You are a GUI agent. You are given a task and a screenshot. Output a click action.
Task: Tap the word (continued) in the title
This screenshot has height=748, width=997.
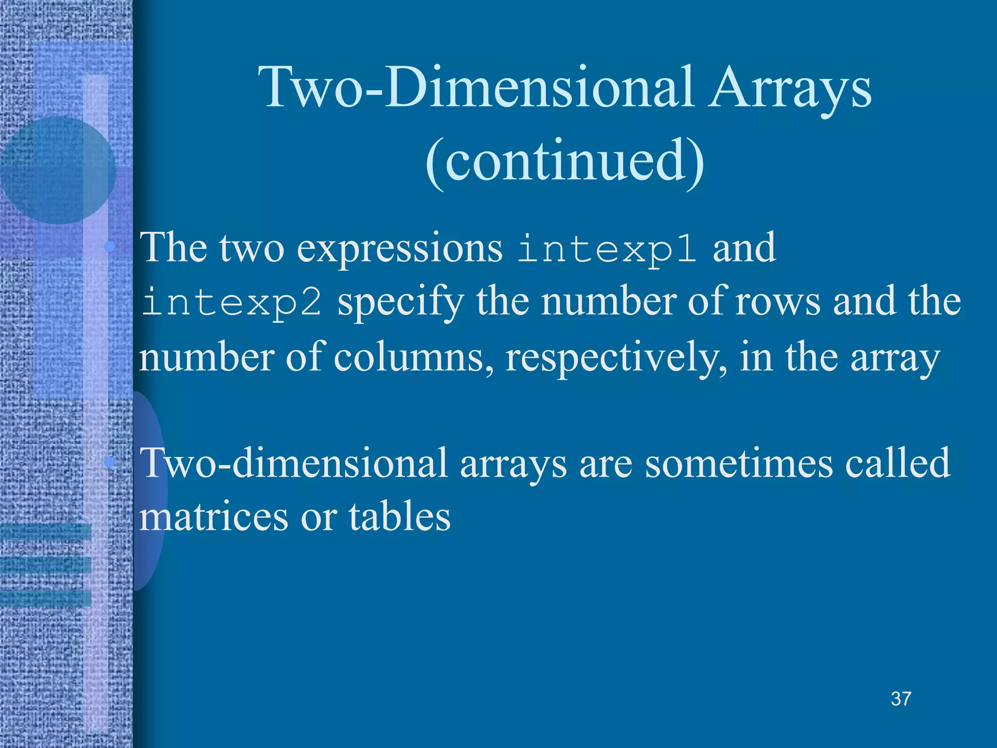click(x=565, y=161)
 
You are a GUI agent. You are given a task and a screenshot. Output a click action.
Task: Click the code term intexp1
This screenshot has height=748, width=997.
click(x=607, y=249)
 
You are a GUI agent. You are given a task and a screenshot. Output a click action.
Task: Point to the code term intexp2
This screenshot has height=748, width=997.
click(x=232, y=302)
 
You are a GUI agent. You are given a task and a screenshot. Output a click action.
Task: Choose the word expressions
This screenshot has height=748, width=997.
click(x=399, y=249)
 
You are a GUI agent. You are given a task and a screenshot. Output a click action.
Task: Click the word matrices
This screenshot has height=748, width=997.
click(x=214, y=517)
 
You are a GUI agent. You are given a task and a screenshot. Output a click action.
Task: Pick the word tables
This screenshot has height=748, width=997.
click(x=400, y=517)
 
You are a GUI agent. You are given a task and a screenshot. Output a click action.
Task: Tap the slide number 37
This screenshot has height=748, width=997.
click(x=901, y=699)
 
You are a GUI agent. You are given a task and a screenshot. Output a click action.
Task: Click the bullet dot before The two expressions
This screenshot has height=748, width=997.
click(x=110, y=247)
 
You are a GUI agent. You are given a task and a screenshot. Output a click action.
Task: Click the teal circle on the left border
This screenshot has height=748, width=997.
click(x=57, y=170)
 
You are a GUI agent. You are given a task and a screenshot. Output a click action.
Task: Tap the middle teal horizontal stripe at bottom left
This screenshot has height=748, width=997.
click(x=46, y=565)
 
